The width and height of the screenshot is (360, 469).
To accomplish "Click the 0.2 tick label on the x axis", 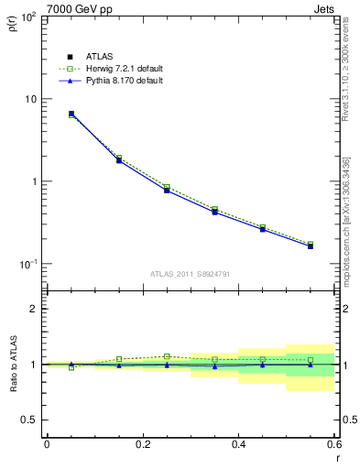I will [x=142, y=444].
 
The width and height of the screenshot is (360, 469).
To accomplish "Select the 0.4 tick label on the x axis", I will [x=238, y=444].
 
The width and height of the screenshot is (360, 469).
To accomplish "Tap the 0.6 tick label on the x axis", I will [x=333, y=444].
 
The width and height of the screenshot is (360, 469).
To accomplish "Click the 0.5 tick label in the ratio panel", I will [x=29, y=420].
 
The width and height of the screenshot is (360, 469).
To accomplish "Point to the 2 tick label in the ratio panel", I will [x=35, y=309].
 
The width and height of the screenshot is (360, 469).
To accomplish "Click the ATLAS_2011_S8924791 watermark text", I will [x=191, y=273].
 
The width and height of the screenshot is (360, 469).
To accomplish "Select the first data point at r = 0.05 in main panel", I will [x=71, y=114].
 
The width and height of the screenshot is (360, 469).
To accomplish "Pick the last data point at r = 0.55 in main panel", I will [x=311, y=245].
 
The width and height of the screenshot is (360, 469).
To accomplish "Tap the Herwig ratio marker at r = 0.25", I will [x=167, y=356].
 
